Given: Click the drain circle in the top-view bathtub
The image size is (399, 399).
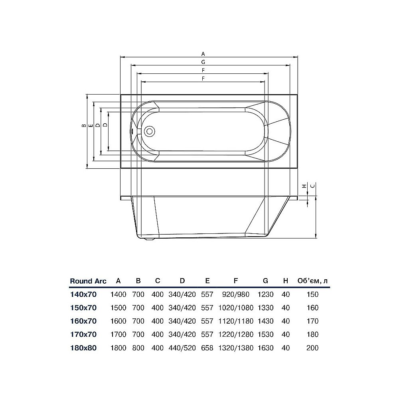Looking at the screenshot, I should (150, 131).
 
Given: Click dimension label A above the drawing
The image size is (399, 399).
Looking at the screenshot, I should (203, 53).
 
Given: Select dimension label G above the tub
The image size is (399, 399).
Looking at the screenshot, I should (203, 62).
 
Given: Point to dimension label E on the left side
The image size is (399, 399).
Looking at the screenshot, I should (91, 126).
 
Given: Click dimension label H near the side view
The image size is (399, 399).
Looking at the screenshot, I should (304, 186).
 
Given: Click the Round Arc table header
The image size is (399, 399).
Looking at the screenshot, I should (88, 281).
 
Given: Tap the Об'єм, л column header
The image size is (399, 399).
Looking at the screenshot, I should (313, 281).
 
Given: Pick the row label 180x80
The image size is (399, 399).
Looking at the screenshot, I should (83, 348).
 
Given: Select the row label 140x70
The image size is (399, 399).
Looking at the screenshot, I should (83, 294).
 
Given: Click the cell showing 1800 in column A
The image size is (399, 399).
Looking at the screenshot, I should (118, 348).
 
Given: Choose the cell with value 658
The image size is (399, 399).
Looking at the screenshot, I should (207, 348).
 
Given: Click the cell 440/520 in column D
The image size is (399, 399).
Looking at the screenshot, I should (182, 348).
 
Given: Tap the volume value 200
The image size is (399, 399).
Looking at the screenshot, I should (313, 348).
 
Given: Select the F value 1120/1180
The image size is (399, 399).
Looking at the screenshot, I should (236, 321).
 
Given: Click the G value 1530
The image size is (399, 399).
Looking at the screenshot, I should (265, 334).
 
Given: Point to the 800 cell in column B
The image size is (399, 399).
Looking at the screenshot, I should (138, 348).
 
